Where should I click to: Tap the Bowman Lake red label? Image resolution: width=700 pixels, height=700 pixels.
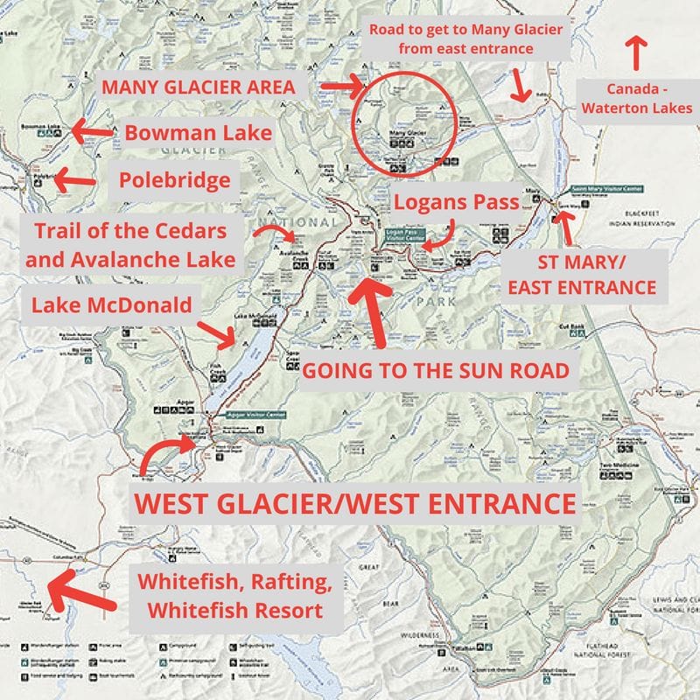(198, 134)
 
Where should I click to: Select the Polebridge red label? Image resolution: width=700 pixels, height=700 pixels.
(175, 181)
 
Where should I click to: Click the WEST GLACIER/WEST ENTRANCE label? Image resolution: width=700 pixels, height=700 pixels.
(354, 504)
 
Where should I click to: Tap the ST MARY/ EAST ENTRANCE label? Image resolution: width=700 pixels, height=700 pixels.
(582, 273)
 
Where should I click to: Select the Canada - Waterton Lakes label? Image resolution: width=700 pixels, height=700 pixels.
(636, 99)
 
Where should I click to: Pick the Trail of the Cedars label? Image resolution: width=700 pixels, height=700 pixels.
(134, 246)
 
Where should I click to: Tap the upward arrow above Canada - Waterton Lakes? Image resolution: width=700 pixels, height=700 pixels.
(636, 52)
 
